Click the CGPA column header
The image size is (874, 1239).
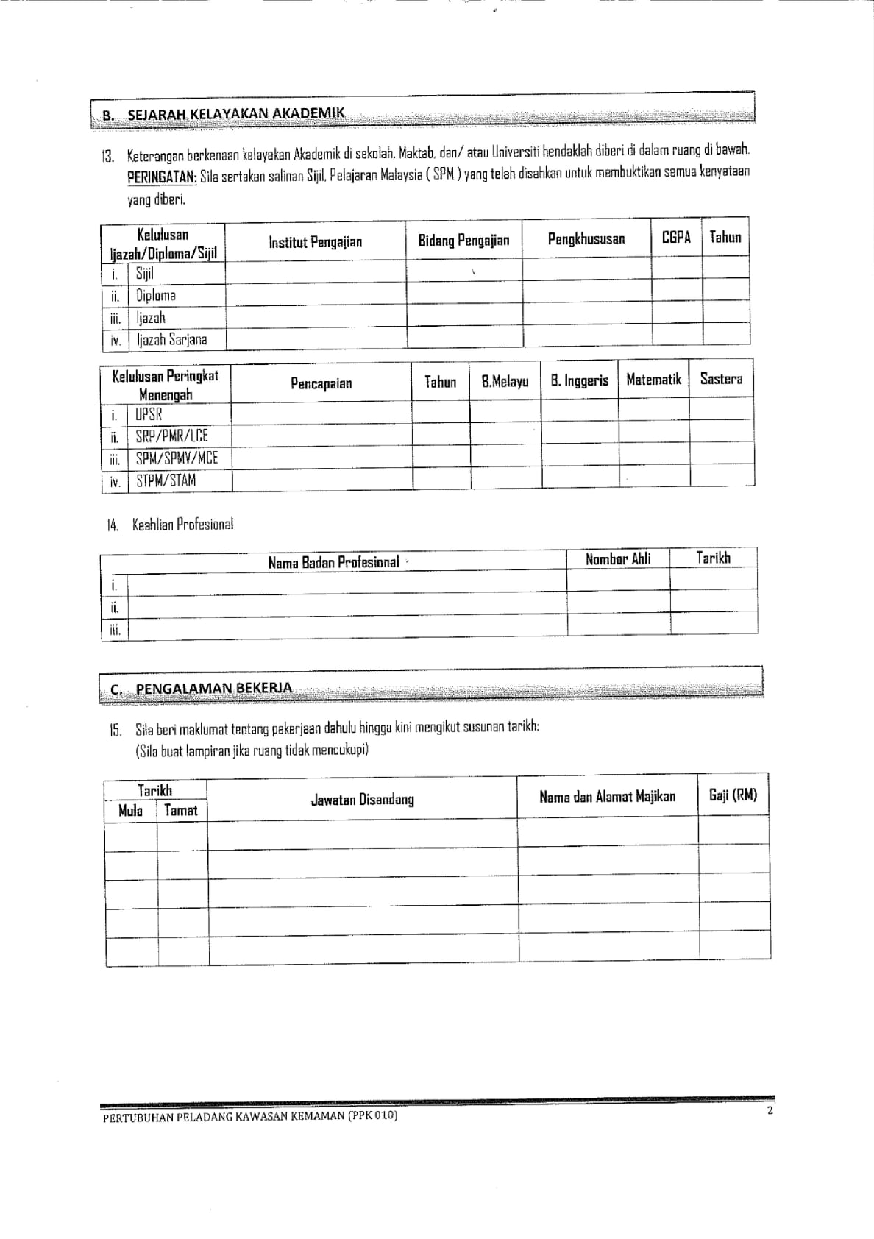coord(676,238)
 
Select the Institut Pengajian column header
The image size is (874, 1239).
coord(315,242)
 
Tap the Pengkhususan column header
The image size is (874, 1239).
coord(586,239)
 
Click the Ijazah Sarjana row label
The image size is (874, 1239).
coord(171,340)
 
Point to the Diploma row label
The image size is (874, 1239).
coord(155,296)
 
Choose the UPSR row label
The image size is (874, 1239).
coord(149,414)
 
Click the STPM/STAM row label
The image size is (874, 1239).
coord(166,481)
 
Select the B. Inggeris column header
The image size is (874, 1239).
coord(580,381)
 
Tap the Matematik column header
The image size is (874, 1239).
coord(653,380)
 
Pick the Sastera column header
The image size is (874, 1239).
coord(721,379)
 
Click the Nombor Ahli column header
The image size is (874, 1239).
coord(618,559)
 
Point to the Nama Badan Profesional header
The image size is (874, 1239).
coord(333,563)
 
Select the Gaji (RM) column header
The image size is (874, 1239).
coord(733,795)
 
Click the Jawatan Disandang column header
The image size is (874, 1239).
coord(362,800)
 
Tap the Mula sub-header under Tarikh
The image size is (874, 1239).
coord(130,812)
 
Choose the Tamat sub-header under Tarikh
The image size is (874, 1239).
coord(181,811)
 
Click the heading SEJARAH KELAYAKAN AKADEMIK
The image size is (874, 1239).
coord(235,115)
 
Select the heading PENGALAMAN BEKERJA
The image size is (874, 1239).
coord(213,689)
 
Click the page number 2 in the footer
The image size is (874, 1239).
coord(770,1111)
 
